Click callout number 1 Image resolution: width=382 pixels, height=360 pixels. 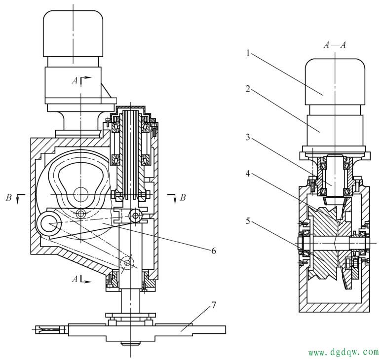pyautogui.click(x=248, y=53)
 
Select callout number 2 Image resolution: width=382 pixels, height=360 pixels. pyautogui.click(x=248, y=89)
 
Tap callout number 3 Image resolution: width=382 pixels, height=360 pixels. pyautogui.click(x=248, y=137)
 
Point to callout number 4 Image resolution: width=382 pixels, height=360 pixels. pyautogui.click(x=248, y=174)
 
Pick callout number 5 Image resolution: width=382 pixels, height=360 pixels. pyautogui.click(x=248, y=221)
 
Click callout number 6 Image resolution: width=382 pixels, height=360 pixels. pyautogui.click(x=213, y=251)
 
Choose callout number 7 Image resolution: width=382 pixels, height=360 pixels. pyautogui.click(x=213, y=305)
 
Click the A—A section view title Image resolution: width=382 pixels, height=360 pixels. pyautogui.click(x=335, y=45)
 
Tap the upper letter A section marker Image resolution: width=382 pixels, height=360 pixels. pyautogui.click(x=75, y=80)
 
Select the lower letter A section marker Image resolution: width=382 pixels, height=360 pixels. pyautogui.click(x=75, y=279)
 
